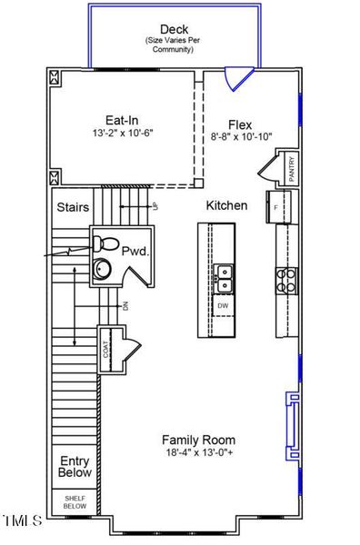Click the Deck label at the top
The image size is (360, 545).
[x=174, y=30]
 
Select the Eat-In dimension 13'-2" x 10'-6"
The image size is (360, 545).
[x=125, y=132]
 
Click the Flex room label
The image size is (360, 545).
[x=240, y=124]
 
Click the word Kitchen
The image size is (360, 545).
[x=226, y=205]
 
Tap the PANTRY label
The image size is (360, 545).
[x=291, y=170]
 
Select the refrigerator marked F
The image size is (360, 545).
[x=276, y=206]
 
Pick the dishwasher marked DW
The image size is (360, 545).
[x=223, y=305]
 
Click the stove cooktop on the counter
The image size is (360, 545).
[x=285, y=279]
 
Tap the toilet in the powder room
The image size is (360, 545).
[x=105, y=243]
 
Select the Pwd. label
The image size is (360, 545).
[x=135, y=250]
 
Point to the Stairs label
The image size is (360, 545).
[x=73, y=207]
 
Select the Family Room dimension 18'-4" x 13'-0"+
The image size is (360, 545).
[x=200, y=451]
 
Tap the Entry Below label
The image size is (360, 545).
[x=75, y=467]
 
